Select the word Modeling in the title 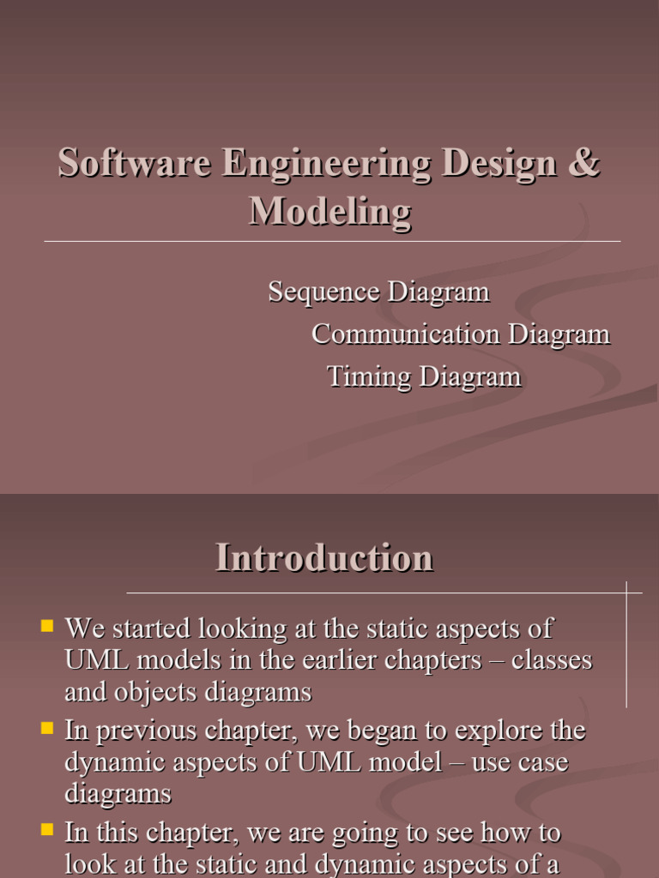pos(329,211)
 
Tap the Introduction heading pos(324,558)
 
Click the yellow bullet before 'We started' pos(47,626)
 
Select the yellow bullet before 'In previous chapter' pos(47,729)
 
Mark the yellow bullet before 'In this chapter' pos(47,830)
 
